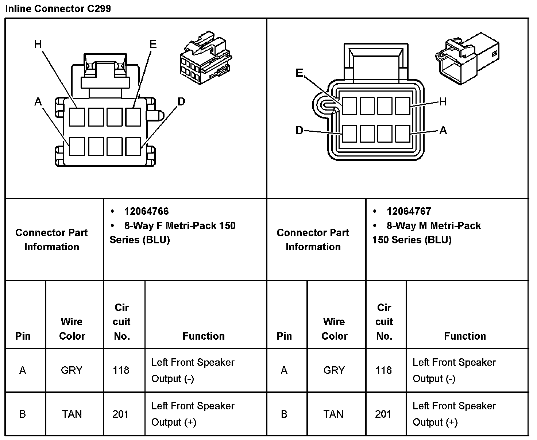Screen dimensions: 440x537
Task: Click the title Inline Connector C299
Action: point(58,8)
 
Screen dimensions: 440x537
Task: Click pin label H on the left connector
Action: point(38,45)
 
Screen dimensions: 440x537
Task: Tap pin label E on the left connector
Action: point(153,45)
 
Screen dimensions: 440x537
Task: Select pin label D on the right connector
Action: point(299,130)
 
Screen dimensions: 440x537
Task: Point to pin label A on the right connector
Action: point(443,130)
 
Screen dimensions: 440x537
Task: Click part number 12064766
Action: point(146,211)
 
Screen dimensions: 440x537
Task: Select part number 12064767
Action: point(409,211)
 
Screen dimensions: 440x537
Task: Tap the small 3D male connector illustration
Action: point(467,58)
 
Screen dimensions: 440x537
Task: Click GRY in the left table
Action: point(72,370)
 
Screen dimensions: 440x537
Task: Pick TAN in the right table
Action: point(333,414)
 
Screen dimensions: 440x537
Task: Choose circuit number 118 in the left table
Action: point(121,370)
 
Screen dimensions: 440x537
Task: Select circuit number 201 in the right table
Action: point(383,414)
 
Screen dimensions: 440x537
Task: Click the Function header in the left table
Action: point(204,336)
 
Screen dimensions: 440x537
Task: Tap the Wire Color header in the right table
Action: point(334,328)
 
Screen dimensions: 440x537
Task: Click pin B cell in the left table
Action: point(23,414)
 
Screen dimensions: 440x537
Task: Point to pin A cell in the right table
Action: point(284,370)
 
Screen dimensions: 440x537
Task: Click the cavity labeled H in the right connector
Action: point(403,106)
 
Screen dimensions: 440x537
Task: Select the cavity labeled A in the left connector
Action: point(77,146)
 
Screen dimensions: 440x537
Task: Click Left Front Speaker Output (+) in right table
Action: point(454,414)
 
